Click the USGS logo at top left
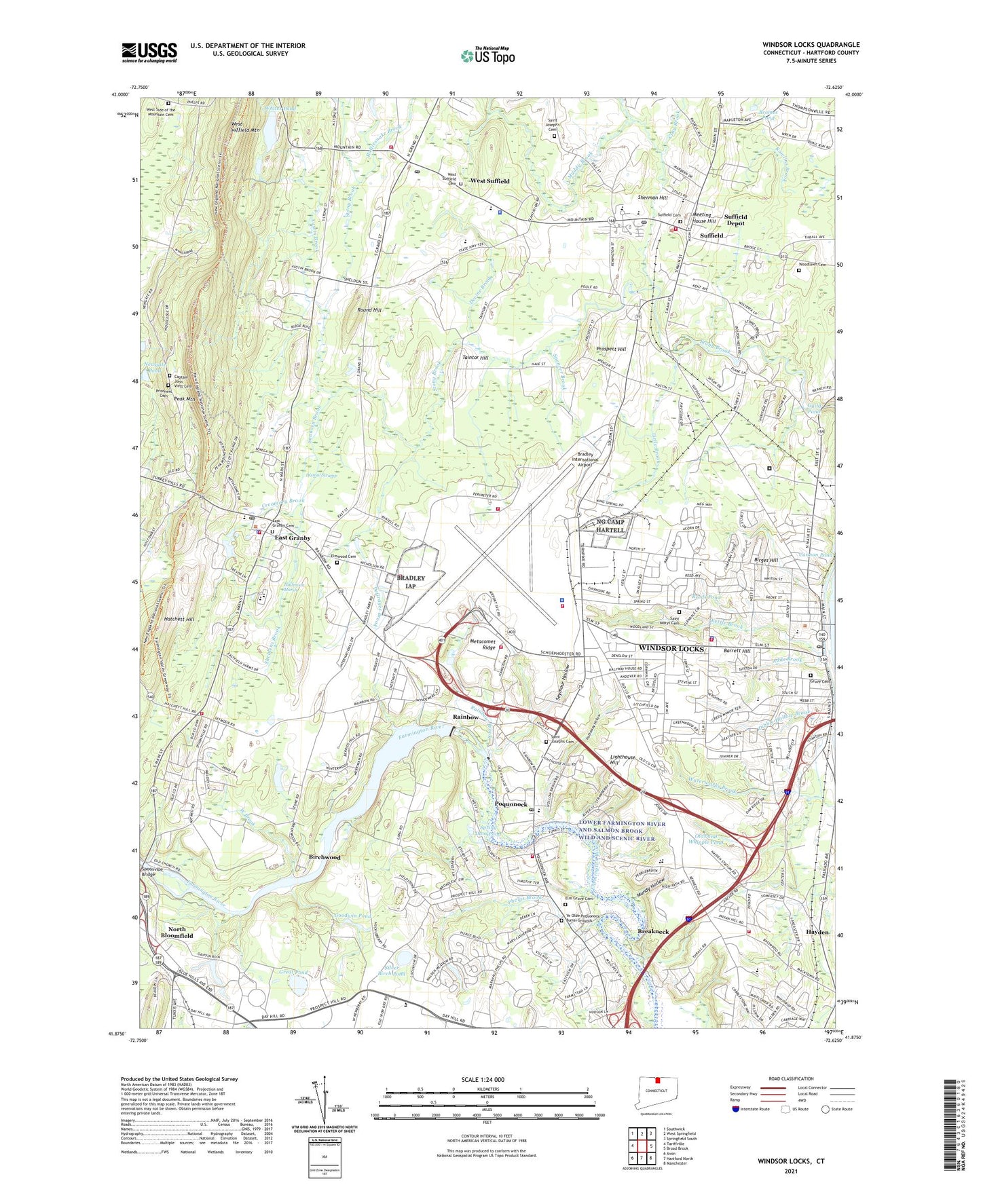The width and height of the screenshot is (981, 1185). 149,52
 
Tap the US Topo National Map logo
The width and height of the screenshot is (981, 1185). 486,55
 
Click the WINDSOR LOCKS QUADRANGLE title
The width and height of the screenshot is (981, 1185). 811,45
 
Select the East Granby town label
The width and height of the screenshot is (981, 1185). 293,538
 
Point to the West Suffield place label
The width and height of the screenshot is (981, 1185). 489,181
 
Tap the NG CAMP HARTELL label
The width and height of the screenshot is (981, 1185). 610,525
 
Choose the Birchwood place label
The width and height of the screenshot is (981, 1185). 325,857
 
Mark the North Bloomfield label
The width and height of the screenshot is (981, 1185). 177,933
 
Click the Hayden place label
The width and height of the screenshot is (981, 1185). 817,932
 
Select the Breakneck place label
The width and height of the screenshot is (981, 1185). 653,931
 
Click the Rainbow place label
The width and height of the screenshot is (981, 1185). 466,717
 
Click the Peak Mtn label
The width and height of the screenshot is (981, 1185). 184,399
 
